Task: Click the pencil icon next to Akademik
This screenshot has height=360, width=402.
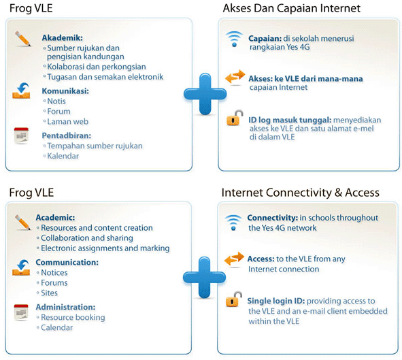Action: point(22,39)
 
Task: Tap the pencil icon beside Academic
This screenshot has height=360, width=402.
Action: point(22,221)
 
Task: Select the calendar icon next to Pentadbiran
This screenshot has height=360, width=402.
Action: point(22,135)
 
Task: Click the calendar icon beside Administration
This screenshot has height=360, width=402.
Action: point(22,312)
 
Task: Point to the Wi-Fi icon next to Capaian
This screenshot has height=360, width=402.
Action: point(234,39)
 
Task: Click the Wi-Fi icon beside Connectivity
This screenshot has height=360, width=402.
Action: point(234,222)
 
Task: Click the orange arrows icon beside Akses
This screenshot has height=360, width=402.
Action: point(234,78)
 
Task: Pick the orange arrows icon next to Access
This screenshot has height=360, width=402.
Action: point(234,259)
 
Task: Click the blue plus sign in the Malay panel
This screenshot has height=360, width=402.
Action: point(205,95)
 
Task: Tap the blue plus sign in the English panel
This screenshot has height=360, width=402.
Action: point(205,276)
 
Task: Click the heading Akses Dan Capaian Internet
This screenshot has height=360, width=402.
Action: point(291,9)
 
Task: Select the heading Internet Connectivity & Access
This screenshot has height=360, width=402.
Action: point(300,193)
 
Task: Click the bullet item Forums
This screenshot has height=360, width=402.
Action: point(54,283)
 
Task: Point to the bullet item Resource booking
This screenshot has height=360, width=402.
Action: point(73,317)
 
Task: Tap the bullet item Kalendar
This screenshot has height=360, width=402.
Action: point(63,156)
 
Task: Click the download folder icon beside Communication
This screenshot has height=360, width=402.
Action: point(22,267)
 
